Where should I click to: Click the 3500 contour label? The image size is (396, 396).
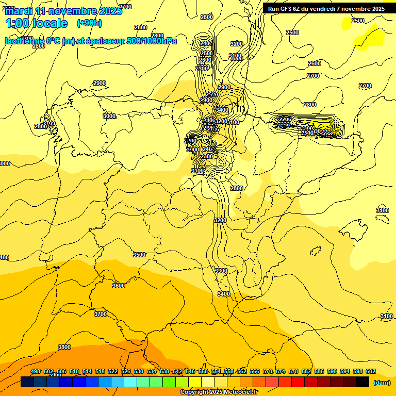[139, 255]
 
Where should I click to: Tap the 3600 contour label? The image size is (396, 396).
[119, 286]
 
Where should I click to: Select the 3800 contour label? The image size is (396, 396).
[64, 347]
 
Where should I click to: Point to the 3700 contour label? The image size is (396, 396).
[101, 314]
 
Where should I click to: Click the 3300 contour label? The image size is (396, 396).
[221, 271]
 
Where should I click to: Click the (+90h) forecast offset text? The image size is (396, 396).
[89, 23]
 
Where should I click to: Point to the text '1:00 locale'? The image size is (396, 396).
[36, 23]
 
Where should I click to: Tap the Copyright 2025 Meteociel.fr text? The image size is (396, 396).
[219, 392]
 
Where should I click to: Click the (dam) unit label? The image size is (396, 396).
[382, 383]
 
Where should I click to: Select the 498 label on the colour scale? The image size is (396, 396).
[36, 372]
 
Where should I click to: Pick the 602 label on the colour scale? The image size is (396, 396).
[371, 372]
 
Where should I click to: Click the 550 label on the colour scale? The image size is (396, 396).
[203, 372]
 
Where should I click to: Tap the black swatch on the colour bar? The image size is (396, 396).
[362, 382]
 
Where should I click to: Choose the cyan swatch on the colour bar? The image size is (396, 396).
[130, 382]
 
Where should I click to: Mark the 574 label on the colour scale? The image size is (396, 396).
[280, 372]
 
